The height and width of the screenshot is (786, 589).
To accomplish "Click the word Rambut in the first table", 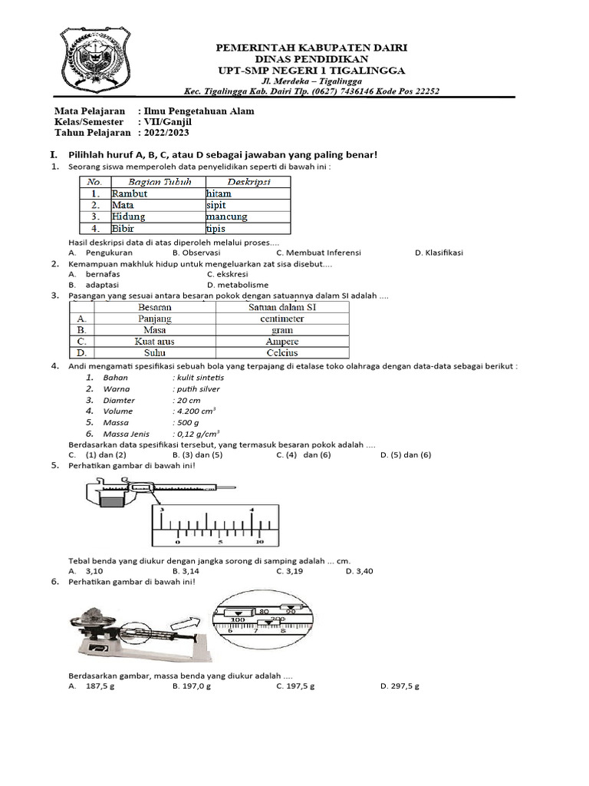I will pyautogui.click(x=130, y=193).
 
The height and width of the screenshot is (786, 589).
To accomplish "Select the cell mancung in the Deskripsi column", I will pyautogui.click(x=227, y=216).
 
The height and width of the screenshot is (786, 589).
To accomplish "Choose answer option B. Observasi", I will pyautogui.click(x=196, y=252).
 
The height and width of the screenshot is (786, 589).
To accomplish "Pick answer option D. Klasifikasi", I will pyautogui.click(x=439, y=252).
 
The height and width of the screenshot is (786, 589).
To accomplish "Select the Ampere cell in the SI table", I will pyautogui.click(x=282, y=341).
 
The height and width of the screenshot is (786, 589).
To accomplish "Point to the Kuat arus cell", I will pyautogui.click(x=154, y=341).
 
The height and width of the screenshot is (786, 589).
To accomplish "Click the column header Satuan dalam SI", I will pyautogui.click(x=282, y=307).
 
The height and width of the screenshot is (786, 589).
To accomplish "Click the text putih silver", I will pyautogui.click(x=198, y=388).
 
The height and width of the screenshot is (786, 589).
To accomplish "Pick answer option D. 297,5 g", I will pyautogui.click(x=400, y=685).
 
